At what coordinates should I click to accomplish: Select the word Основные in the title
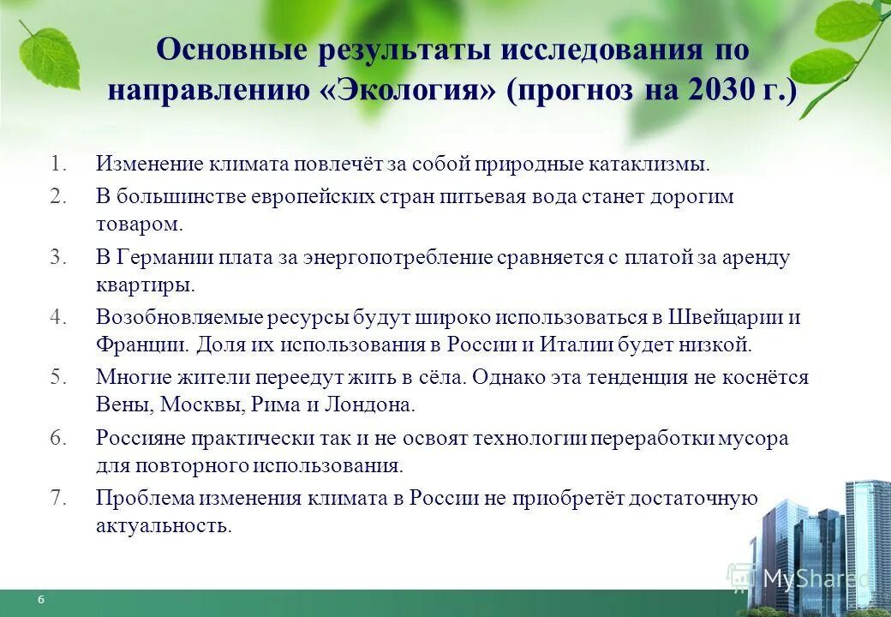point(228,50)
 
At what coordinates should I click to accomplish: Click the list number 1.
point(57,163)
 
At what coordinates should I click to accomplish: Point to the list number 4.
point(57,316)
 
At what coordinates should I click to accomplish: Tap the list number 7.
point(57,498)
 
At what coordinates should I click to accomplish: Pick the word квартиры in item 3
point(145,285)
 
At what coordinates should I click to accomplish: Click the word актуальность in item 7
point(164,526)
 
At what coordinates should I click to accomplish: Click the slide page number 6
point(40,599)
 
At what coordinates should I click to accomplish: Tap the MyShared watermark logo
point(801,579)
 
